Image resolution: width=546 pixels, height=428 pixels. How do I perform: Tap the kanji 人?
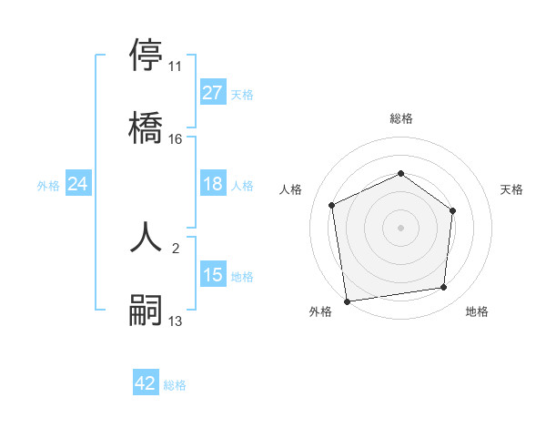[x=147, y=236]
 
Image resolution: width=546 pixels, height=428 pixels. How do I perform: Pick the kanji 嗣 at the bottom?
[x=147, y=309]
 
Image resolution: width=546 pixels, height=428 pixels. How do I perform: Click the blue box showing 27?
[x=212, y=93]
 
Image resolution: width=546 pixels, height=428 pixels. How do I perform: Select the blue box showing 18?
[x=212, y=184]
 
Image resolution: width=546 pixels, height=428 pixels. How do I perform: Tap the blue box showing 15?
[x=212, y=275]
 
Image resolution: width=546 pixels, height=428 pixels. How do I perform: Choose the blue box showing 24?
[x=77, y=184]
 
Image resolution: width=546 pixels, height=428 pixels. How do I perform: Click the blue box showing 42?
[x=146, y=383]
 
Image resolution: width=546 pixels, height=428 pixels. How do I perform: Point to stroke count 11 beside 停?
[x=175, y=66]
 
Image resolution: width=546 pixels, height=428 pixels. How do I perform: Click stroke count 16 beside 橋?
[x=175, y=139]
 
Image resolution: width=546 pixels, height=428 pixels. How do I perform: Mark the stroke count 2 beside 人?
[x=175, y=248]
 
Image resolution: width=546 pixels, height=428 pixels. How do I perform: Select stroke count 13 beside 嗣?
[x=175, y=321]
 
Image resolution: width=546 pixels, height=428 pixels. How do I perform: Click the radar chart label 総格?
[x=401, y=118]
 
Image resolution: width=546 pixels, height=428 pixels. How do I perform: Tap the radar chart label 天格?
[x=512, y=189]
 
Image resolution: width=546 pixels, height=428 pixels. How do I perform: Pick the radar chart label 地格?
[x=477, y=311]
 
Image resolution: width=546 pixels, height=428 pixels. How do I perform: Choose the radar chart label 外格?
[x=320, y=311]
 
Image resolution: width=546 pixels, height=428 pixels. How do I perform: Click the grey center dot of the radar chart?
[x=400, y=227]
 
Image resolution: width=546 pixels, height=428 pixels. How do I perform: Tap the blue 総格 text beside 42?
[x=175, y=385]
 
